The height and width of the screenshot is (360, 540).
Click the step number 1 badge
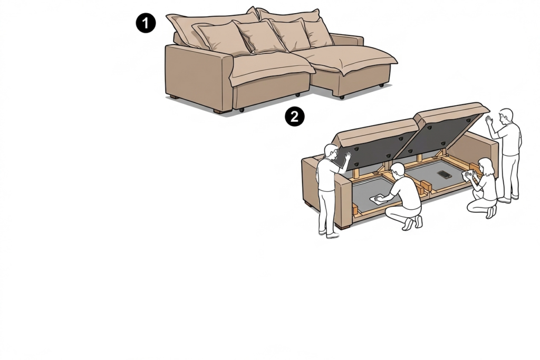pyautogui.click(x=146, y=23)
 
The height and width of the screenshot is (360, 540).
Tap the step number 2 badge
pyautogui.click(x=294, y=116)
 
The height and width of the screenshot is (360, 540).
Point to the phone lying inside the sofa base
pyautogui.click(x=445, y=174)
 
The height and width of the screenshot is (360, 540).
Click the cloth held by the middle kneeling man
pyautogui.click(x=378, y=200)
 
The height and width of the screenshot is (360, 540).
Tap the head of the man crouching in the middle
pyautogui.click(x=398, y=170)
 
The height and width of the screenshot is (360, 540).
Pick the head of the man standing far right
pyautogui.click(x=506, y=116)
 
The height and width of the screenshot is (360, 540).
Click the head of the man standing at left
pyautogui.click(x=331, y=152)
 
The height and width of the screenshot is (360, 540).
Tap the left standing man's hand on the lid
pyautogui.click(x=348, y=158)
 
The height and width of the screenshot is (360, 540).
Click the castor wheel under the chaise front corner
pyautogui.click(x=342, y=98)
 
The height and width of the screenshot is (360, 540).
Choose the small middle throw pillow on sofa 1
pyautogui.click(x=260, y=36)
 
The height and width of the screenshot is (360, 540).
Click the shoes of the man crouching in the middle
pyautogui.click(x=413, y=222)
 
